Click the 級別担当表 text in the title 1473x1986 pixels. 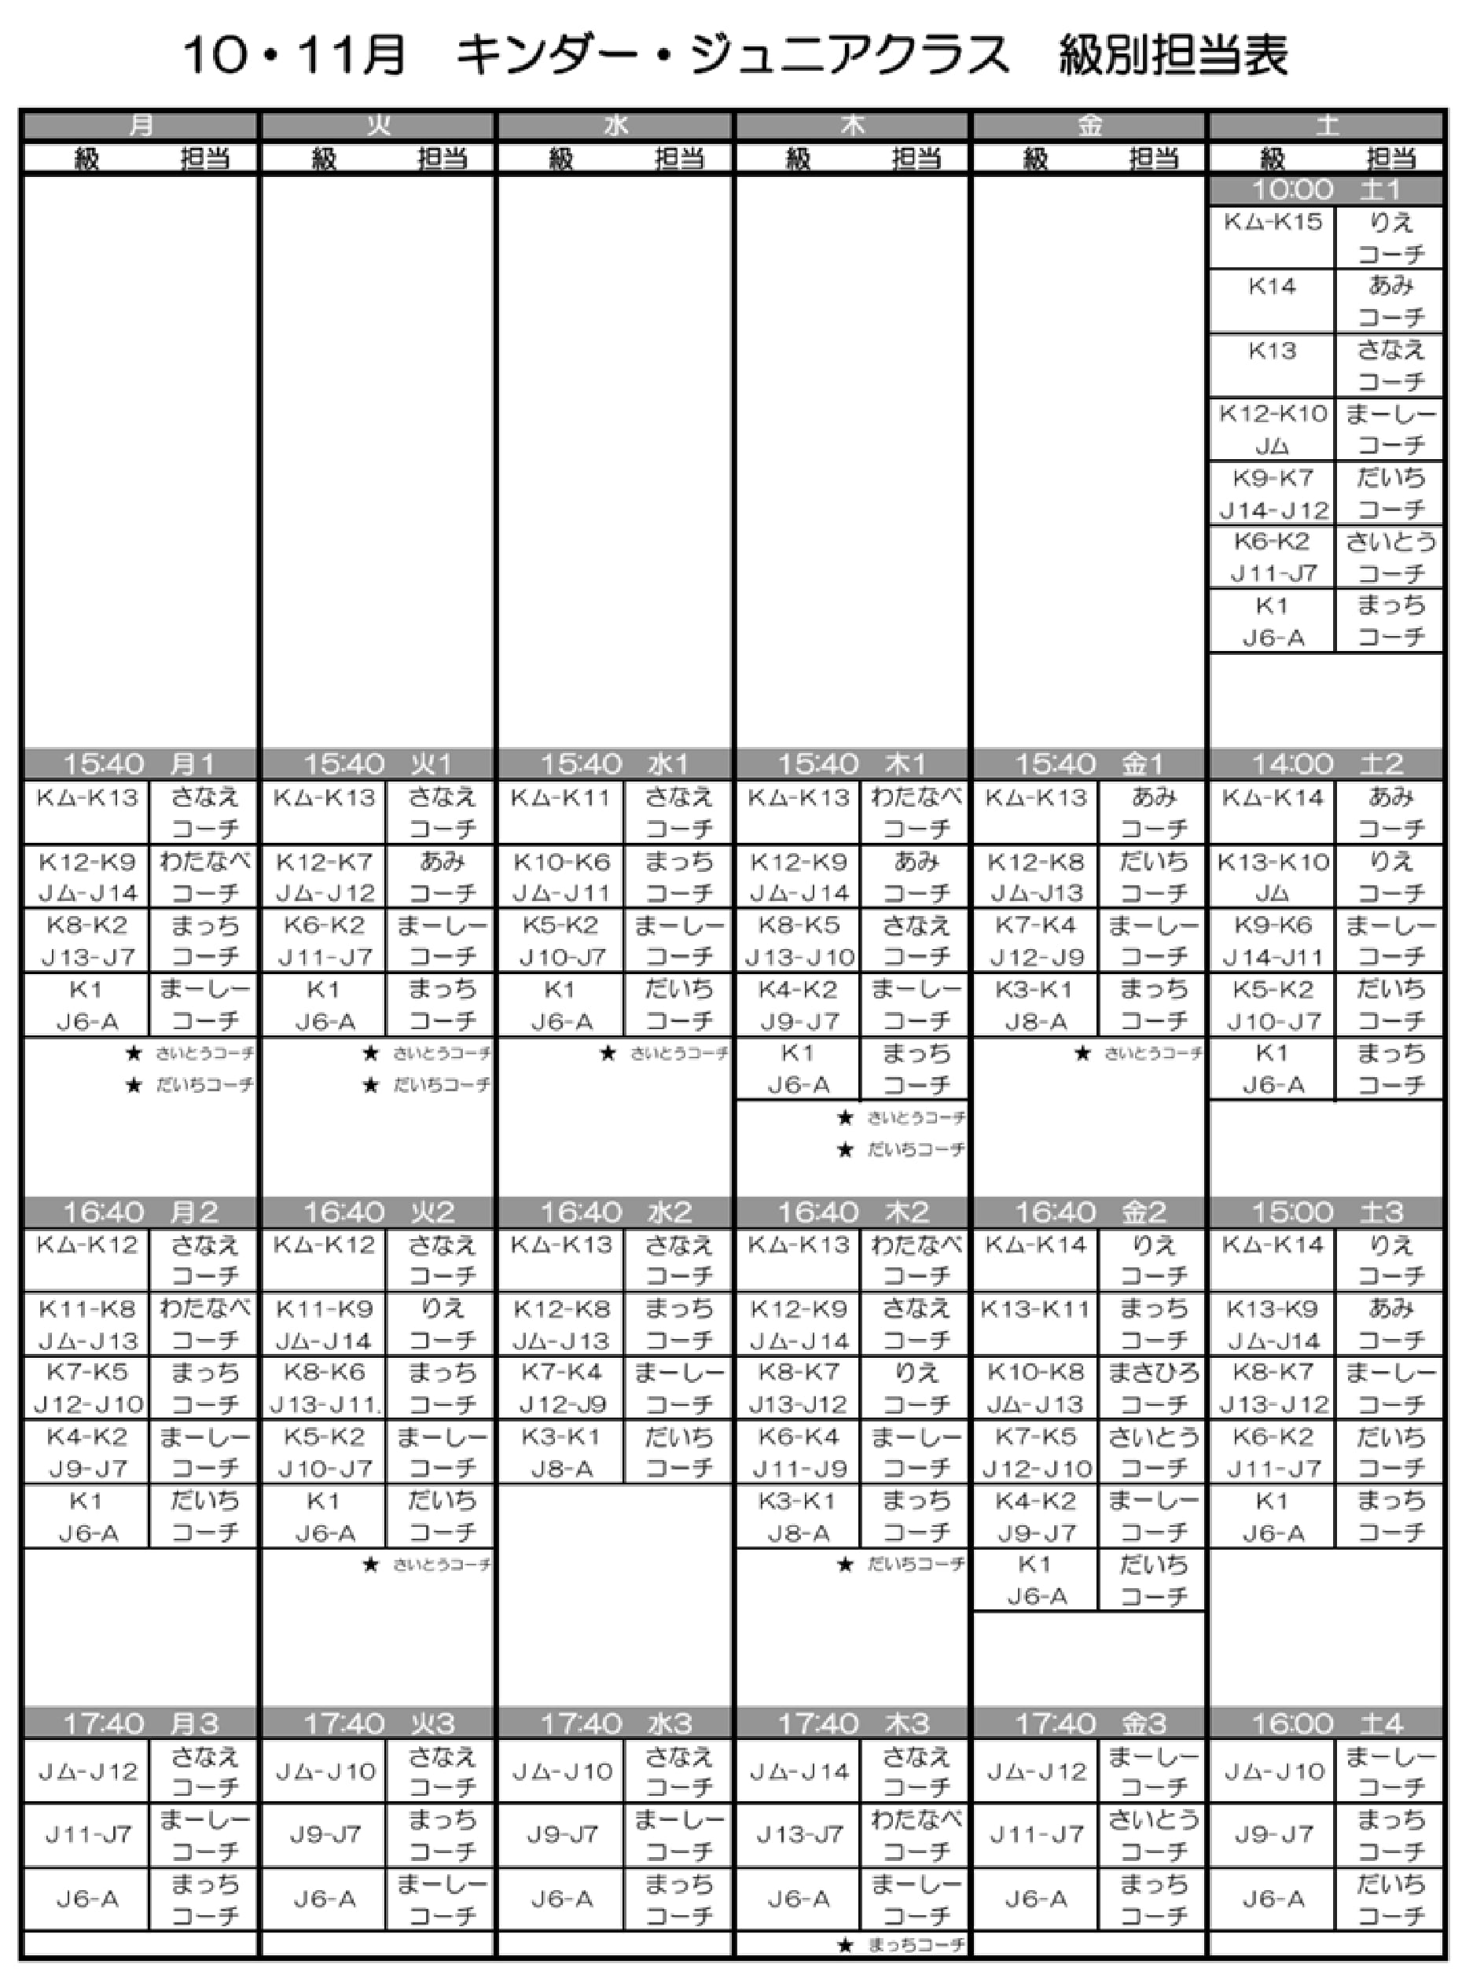1173,55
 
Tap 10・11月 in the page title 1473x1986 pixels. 294,55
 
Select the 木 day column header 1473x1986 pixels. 851,126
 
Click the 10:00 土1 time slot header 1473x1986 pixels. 1326,190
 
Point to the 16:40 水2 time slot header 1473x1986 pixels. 615,1212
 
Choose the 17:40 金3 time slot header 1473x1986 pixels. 1089,1723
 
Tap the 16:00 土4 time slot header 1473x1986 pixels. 1326,1723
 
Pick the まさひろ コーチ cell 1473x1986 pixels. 1153,1388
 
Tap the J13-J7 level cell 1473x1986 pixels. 798,1834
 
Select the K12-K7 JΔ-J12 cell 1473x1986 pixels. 325,877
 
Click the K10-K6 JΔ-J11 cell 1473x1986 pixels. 561,877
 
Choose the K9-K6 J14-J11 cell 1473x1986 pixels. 1273,941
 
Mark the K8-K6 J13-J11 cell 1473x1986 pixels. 325,1388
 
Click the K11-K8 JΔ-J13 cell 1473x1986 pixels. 86,1323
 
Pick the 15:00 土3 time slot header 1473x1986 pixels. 1326,1212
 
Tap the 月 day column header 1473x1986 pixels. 140,126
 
